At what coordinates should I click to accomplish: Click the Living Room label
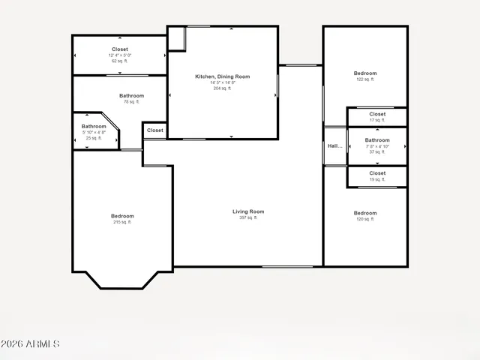click(x=248, y=211)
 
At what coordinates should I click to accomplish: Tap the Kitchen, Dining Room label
click(x=222, y=76)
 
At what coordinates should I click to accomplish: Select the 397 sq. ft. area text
click(x=248, y=217)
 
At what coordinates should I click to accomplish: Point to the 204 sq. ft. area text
click(x=222, y=88)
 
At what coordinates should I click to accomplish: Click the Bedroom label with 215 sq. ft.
click(x=122, y=216)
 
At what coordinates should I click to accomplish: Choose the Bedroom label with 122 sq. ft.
click(x=364, y=73)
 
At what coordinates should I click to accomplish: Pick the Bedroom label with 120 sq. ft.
click(x=364, y=213)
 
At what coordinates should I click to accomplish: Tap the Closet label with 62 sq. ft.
click(x=120, y=49)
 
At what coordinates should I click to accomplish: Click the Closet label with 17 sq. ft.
click(x=377, y=114)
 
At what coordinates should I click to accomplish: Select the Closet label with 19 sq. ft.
click(x=377, y=173)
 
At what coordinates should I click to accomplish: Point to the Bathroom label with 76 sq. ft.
click(x=131, y=95)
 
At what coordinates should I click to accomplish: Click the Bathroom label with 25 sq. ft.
click(x=94, y=126)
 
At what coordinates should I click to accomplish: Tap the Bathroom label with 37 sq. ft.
click(x=377, y=139)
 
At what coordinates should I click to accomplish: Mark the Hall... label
click(x=334, y=146)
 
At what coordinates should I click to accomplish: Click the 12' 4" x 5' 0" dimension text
click(x=120, y=55)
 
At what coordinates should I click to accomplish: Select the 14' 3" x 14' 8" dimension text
click(x=222, y=82)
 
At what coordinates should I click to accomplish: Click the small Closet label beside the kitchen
click(x=155, y=130)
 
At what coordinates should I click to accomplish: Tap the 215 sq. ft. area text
click(x=122, y=222)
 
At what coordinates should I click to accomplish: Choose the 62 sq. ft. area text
click(x=120, y=61)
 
